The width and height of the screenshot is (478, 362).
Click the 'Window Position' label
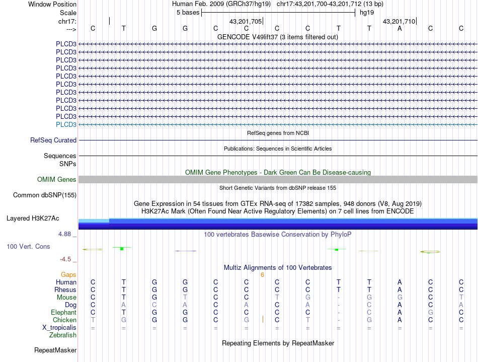coord(52,4)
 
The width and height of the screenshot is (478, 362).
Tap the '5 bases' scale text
coord(188,13)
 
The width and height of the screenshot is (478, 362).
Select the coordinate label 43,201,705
coord(245,22)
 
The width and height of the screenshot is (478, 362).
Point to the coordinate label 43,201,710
coord(399,22)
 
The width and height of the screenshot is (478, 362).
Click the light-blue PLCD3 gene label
coord(66,124)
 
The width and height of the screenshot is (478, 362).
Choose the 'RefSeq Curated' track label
coord(53,140)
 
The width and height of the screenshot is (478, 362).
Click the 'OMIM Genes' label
coord(57,180)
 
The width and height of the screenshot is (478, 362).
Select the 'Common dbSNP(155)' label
coord(45,195)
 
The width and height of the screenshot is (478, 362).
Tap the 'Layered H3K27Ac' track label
coord(33,219)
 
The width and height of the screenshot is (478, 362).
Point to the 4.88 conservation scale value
coord(66,234)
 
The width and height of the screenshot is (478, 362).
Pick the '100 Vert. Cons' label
coord(29,247)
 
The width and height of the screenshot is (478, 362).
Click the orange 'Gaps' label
coord(68,275)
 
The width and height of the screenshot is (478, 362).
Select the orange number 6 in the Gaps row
coord(262,275)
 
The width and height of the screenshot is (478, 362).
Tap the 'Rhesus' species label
coord(65,290)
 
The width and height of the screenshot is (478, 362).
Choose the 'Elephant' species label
coord(63,313)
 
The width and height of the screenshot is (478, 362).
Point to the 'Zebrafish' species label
coord(62,335)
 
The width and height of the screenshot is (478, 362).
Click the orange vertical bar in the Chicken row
coord(263,320)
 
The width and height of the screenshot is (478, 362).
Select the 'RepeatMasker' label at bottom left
coord(55,350)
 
